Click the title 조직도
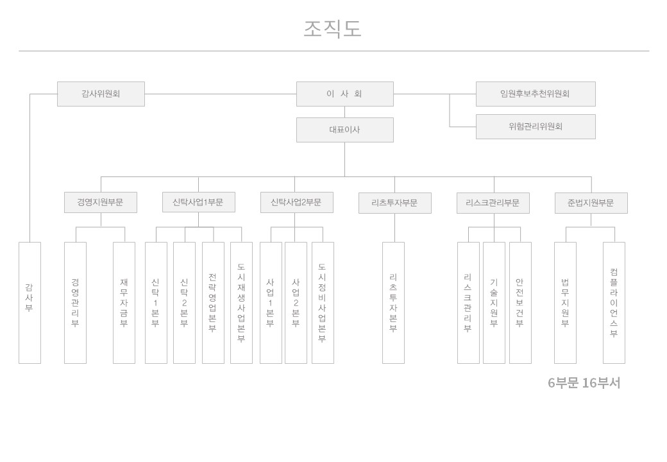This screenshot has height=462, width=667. coord(332,29)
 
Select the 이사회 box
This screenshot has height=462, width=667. coord(344,94)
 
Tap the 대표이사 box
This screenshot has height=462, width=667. coord(344,130)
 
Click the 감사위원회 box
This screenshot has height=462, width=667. coord(101,94)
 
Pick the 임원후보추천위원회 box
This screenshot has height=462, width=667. coord(536,94)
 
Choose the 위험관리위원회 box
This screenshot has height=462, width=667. coord(536,126)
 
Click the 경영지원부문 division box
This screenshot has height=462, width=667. coord(101,203)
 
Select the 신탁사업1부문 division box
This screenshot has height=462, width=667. coord(198,202)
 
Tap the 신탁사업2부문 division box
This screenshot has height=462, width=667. coord(296,203)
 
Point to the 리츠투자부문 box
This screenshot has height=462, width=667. coord(395,203)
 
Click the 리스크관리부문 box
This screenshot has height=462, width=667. coord(493,203)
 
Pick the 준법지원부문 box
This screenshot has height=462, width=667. coord(591,203)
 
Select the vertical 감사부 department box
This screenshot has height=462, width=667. coord(30,303)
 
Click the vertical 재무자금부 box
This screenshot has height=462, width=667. coord(124,303)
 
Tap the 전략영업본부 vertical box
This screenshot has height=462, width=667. coord(213,303)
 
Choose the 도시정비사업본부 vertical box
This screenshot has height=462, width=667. coord(323,303)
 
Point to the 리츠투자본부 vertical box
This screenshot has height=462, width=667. coord(393,303)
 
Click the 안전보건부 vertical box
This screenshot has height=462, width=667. coord(520,303)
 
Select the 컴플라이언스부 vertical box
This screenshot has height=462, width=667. coord(614,303)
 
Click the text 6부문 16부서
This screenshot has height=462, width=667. coord(584,383)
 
